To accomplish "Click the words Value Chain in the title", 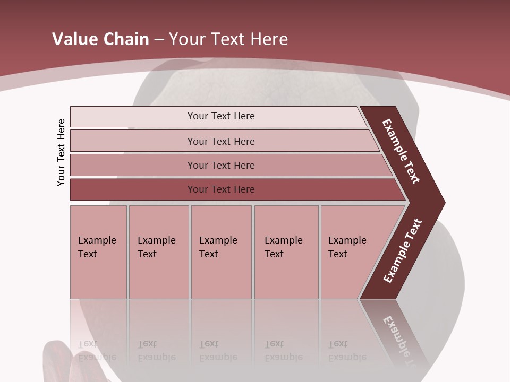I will tap(100, 39).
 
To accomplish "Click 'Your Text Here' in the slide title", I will tap(228, 39).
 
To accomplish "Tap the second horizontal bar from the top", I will tap(221, 141).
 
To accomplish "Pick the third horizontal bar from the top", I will tap(221, 165).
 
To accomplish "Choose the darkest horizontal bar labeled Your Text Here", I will tap(221, 189).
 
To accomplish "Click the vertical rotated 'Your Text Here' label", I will tap(61, 152).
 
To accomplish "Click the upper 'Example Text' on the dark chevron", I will tap(401, 151).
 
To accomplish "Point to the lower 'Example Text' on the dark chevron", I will tap(403, 251).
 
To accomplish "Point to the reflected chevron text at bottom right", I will tap(401, 340).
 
